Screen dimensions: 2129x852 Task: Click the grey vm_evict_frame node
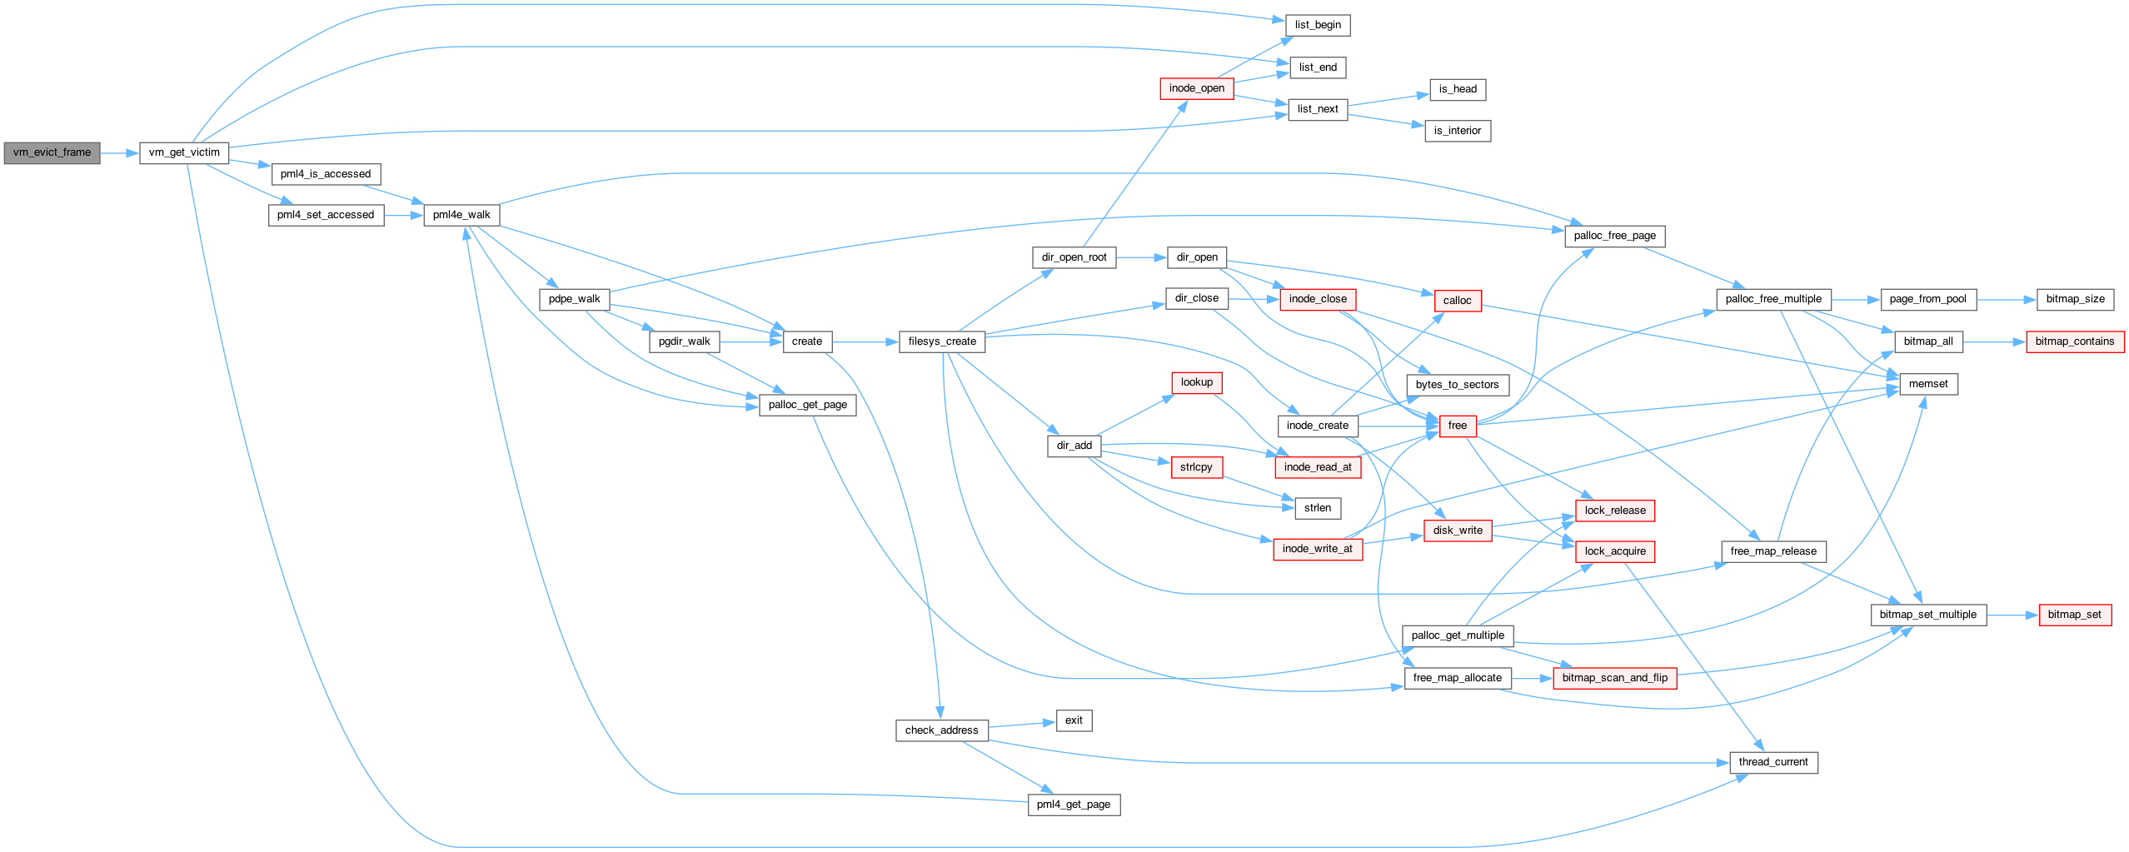pyautogui.click(x=52, y=153)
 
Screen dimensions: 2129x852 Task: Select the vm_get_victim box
pyautogui.click(x=184, y=153)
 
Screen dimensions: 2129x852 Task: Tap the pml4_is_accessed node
pyautogui.click(x=326, y=174)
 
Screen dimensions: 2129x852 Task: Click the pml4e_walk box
pyautogui.click(x=461, y=215)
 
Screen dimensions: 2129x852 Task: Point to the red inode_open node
pyautogui.click(x=1197, y=88)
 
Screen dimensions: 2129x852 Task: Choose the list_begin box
pyautogui.click(x=1318, y=25)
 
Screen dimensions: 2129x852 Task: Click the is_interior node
pyautogui.click(x=1458, y=131)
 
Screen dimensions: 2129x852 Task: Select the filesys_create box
pyautogui.click(x=942, y=341)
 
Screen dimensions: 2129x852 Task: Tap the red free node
pyautogui.click(x=1458, y=426)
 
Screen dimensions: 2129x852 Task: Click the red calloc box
pyautogui.click(x=1458, y=301)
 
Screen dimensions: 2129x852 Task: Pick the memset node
pyautogui.click(x=1928, y=384)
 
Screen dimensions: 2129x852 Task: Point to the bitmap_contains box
pyautogui.click(x=2075, y=341)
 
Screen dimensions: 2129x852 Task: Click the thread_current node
pyautogui.click(x=1773, y=762)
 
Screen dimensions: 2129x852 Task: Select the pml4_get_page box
pyautogui.click(x=1074, y=805)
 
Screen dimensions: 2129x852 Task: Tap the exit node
pyautogui.click(x=1074, y=720)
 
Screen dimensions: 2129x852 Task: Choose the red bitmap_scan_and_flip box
pyautogui.click(x=1615, y=678)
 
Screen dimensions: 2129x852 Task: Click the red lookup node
pyautogui.click(x=1197, y=382)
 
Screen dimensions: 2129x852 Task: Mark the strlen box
pyautogui.click(x=1318, y=508)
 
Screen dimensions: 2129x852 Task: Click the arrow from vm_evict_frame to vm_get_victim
pyautogui.click(x=120, y=153)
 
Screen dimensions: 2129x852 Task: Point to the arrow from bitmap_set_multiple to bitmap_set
pyautogui.click(x=2013, y=615)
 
